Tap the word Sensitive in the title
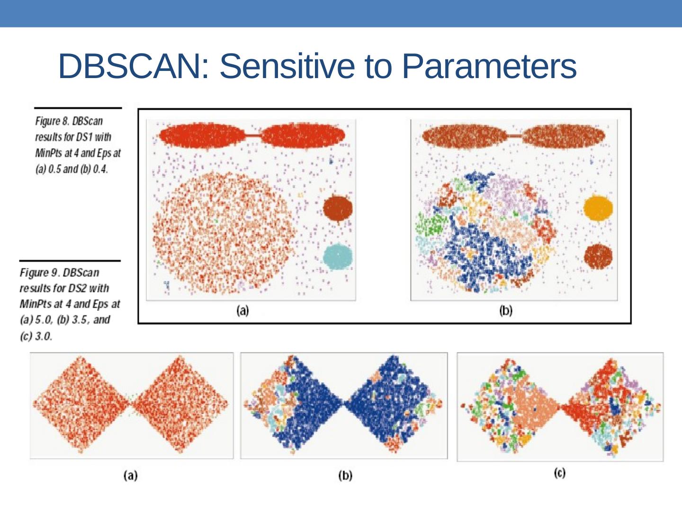288,66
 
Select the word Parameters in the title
489,66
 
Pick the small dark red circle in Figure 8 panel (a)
338,208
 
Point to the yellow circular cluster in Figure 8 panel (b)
598,208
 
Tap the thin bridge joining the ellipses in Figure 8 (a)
252,136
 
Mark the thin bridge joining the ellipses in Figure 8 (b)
514,136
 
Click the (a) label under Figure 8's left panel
242,310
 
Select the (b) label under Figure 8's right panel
506,310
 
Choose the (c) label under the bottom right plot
560,473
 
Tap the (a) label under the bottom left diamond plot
130,475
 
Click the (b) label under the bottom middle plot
345,475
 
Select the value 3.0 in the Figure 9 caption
44,336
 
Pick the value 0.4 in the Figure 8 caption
100,169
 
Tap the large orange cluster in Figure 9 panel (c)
535,406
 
